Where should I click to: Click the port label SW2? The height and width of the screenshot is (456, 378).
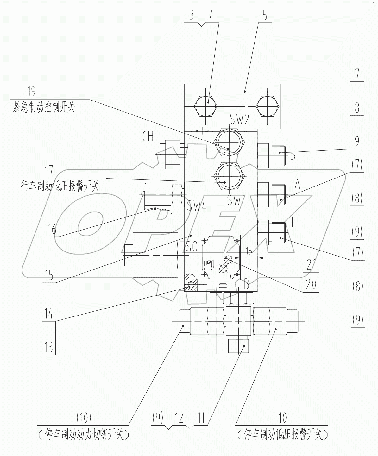click(x=239, y=120)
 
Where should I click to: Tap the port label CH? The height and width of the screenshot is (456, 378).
click(x=148, y=137)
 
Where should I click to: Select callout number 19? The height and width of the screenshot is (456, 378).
click(x=31, y=92)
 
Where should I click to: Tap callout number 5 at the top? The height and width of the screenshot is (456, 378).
click(x=265, y=16)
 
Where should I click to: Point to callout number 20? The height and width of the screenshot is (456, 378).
click(x=311, y=285)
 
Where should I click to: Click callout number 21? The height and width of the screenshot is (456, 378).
click(x=311, y=265)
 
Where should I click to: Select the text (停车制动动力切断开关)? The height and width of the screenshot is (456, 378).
click(x=84, y=435)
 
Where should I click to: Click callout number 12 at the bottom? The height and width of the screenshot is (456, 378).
click(x=179, y=418)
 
